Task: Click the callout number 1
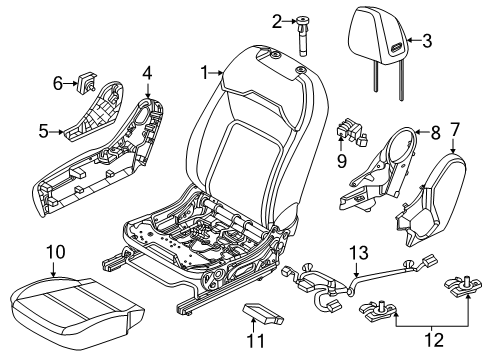point(206,72)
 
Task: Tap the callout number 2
point(278,20)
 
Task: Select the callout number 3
point(427,41)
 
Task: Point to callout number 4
point(147,72)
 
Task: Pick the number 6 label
point(58,83)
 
